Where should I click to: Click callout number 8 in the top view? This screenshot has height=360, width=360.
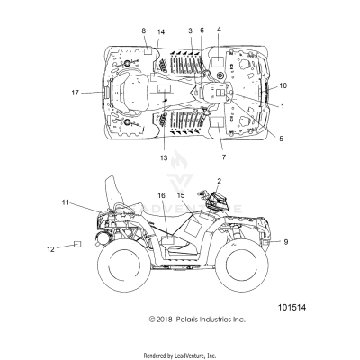coord(144,31)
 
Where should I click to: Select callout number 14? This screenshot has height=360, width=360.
coord(161,31)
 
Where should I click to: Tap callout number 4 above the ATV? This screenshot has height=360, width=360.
coord(219,30)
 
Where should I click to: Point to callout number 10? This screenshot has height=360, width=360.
coord(283,85)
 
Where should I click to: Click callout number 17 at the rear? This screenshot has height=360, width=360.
coord(76,93)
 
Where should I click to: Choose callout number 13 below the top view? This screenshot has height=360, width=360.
coord(164,157)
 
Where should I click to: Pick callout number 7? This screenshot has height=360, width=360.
coord(224,157)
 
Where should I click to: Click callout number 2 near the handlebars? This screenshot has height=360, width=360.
coord(220,181)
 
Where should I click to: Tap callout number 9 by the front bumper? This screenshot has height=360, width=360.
coord(286,242)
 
